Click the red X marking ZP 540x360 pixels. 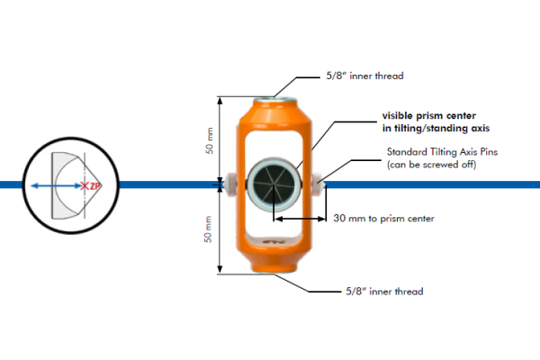85,186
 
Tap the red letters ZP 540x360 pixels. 95,186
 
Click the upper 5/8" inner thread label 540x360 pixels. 364,76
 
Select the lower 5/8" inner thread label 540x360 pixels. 384,292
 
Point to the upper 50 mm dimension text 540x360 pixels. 210,140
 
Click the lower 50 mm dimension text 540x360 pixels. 208,229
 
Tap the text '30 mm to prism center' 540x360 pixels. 383,219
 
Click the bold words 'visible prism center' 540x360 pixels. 429,115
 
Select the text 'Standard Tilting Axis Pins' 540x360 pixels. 442,151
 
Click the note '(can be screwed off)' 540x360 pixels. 431,165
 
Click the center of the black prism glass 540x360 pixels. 274,184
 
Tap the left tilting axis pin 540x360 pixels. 229,184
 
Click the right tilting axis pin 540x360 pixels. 319,184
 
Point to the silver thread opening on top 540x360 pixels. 274,101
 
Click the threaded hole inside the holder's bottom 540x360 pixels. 274,242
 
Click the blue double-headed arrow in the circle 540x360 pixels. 57,186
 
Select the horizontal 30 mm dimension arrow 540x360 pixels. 300,219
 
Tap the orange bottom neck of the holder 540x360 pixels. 274,265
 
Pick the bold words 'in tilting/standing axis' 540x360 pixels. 436,128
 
